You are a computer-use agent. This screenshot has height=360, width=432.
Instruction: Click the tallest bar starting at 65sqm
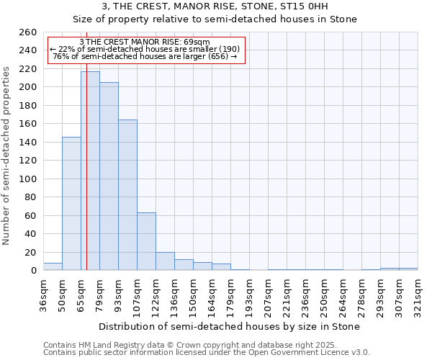(x=90, y=171)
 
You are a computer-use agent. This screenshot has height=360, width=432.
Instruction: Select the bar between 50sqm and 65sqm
(x=71, y=204)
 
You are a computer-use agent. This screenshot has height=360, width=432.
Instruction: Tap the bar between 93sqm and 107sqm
(x=127, y=195)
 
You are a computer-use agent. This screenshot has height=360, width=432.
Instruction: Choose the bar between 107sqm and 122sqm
(x=146, y=241)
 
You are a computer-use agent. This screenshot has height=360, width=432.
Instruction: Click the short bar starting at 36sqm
(x=53, y=267)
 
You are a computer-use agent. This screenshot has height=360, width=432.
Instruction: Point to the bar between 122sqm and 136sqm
(x=165, y=261)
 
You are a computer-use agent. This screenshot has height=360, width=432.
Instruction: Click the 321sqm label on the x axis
(x=417, y=295)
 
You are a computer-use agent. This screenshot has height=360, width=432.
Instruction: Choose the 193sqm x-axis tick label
(x=248, y=295)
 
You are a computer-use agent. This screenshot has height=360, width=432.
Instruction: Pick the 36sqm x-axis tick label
(x=43, y=295)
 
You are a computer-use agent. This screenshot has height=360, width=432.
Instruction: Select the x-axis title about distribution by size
(x=229, y=326)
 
